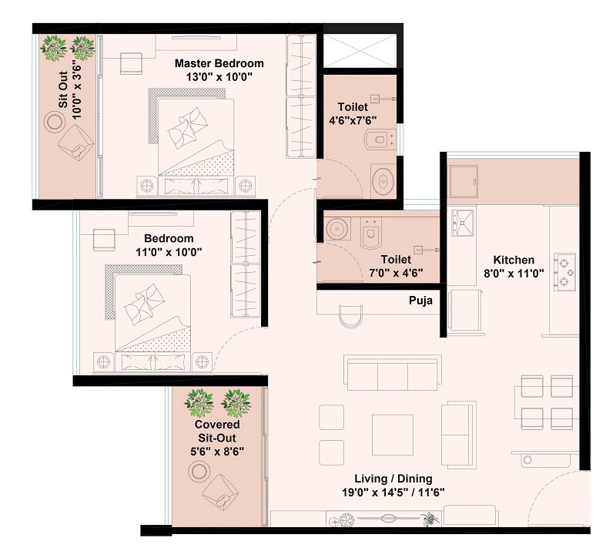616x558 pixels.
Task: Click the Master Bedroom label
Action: coord(219,63)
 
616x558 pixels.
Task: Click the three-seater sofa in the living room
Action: coord(393,375)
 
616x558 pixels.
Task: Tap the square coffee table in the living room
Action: coord(392,435)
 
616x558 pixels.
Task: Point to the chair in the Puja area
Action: coord(350,316)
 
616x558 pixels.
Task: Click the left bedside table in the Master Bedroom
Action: coord(146,185)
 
